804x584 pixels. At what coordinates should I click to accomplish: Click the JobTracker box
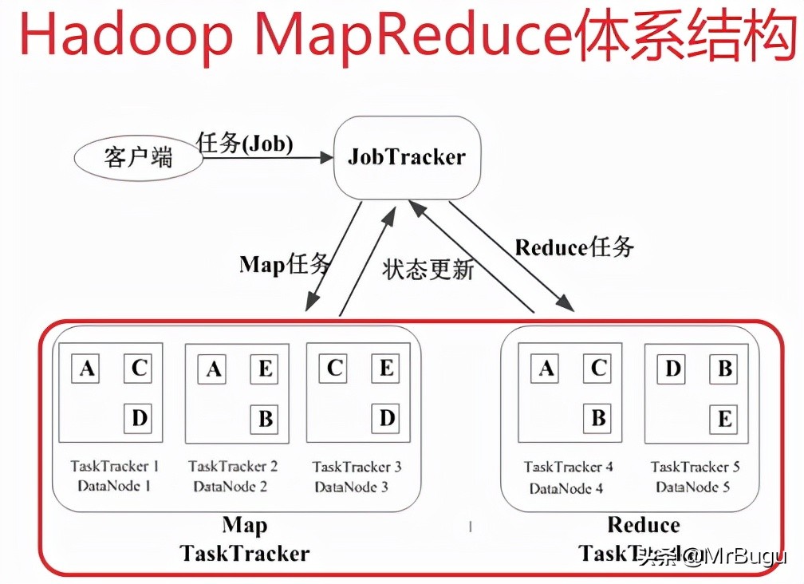coord(406,156)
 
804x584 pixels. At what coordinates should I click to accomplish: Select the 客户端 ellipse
coord(138,157)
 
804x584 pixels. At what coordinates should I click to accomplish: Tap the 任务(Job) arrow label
coord(245,144)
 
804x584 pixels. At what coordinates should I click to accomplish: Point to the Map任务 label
coord(284,264)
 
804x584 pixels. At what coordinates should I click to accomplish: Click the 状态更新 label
coord(429,269)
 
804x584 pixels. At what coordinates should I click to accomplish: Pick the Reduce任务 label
coord(574,247)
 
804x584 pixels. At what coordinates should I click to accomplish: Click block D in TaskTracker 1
coord(139,417)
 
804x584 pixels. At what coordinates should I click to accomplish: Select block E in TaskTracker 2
coord(266,369)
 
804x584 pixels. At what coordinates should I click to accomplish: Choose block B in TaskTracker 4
coord(598,417)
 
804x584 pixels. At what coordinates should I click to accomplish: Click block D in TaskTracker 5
coord(673,369)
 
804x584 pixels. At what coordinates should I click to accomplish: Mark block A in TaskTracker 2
coord(214,369)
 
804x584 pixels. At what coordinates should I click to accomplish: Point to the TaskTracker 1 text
coord(115,466)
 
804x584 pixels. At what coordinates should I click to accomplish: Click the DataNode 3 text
coord(351,486)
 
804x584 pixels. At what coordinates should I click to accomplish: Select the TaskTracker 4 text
coord(569,467)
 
